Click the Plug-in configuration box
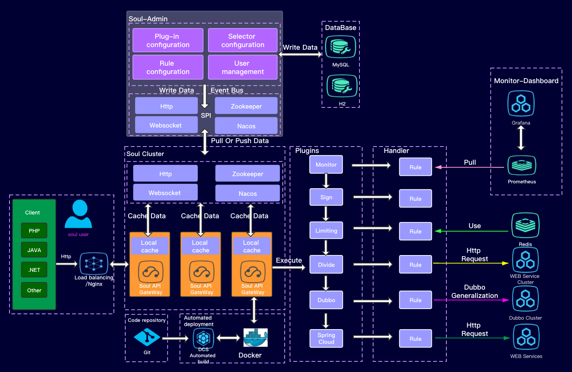[x=168, y=40]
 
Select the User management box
[x=243, y=67]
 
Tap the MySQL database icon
[x=340, y=47]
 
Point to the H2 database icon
[x=342, y=86]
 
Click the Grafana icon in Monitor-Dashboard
[x=521, y=104]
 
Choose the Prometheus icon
[x=522, y=166]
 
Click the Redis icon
[x=525, y=225]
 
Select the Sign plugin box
[x=326, y=197]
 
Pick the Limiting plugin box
[x=326, y=230]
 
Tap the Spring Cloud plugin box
[x=326, y=338]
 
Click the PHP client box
[x=34, y=230]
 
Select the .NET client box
[x=34, y=270]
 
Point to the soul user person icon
[x=79, y=214]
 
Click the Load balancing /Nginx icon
[x=94, y=263]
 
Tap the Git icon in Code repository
[x=147, y=337]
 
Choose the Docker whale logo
[x=255, y=337]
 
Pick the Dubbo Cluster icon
[x=525, y=299]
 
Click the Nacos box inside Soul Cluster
[x=247, y=194]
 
